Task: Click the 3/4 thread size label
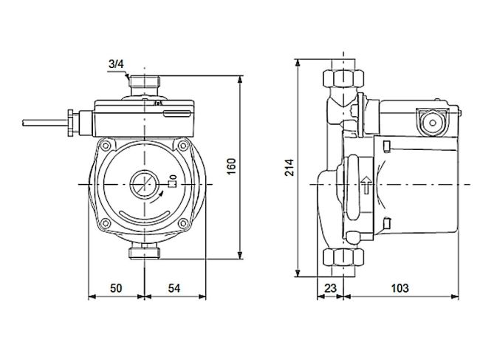(x=115, y=65)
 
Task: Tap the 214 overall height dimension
(x=290, y=168)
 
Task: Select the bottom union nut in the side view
(x=343, y=258)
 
